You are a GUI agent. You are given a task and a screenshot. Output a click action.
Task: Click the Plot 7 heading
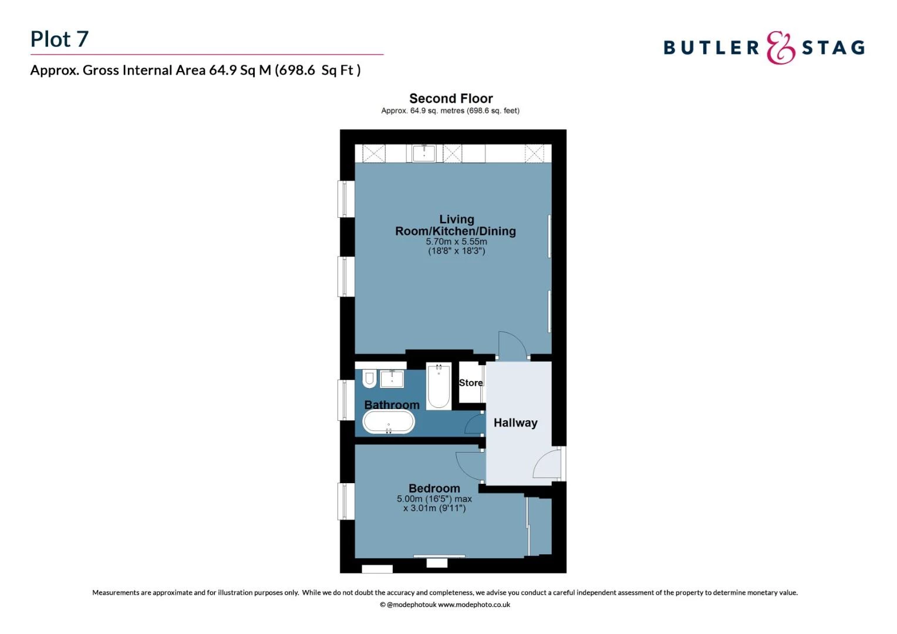[59, 39]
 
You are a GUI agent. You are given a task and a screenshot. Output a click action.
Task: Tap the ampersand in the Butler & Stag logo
[780, 48]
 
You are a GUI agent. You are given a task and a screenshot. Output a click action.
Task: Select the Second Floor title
[450, 98]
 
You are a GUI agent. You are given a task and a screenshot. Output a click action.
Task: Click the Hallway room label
[515, 423]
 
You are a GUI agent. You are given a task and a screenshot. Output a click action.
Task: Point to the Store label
[471, 383]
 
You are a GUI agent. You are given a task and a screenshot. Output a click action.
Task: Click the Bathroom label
[392, 405]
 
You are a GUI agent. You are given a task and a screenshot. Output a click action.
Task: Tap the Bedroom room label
[434, 488]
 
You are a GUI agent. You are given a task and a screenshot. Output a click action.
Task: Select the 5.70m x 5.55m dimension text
[456, 241]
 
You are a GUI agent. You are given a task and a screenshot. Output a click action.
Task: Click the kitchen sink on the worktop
[424, 153]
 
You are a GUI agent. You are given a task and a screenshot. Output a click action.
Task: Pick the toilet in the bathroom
[369, 379]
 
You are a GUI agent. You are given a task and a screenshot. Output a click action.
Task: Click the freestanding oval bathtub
[389, 423]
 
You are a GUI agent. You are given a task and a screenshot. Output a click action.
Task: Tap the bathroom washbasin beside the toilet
[392, 379]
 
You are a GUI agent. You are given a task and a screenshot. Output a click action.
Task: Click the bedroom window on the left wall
[346, 501]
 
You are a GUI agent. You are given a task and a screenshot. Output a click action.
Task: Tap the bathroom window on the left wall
[346, 400]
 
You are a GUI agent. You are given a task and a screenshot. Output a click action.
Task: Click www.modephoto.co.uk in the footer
[474, 605]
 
